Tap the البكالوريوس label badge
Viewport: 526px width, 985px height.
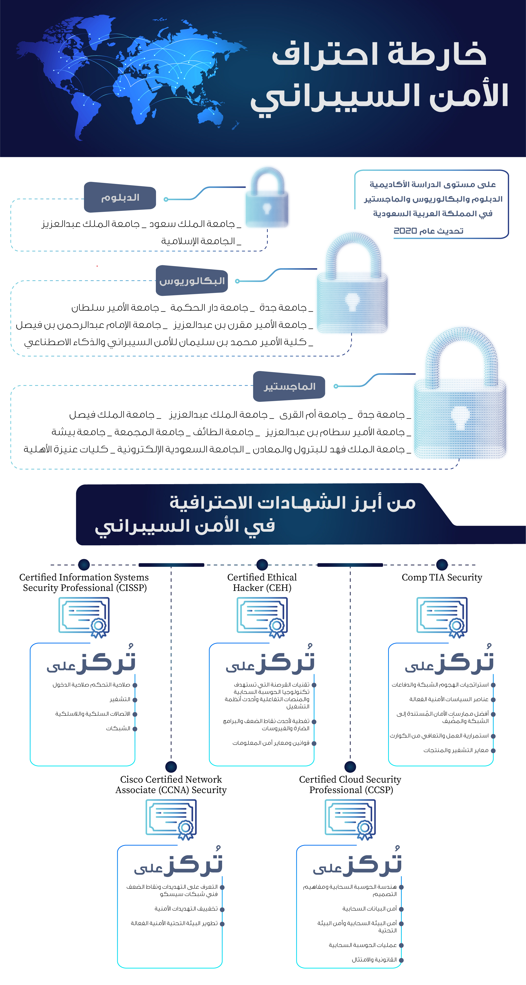[x=192, y=281]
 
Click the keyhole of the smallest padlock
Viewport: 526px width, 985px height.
[x=267, y=209]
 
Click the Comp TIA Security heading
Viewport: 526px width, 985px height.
[x=442, y=577]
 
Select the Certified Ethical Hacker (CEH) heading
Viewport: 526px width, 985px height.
[x=262, y=582]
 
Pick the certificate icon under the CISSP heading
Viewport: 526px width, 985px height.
[x=84, y=616]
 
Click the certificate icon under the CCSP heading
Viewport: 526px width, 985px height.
[x=350, y=819]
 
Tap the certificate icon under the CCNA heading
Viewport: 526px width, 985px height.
[x=171, y=819]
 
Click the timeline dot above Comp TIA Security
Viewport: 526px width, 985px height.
[x=442, y=564]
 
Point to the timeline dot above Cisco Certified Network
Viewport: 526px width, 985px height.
[x=171, y=767]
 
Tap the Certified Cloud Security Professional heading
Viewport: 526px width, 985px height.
[x=350, y=785]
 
